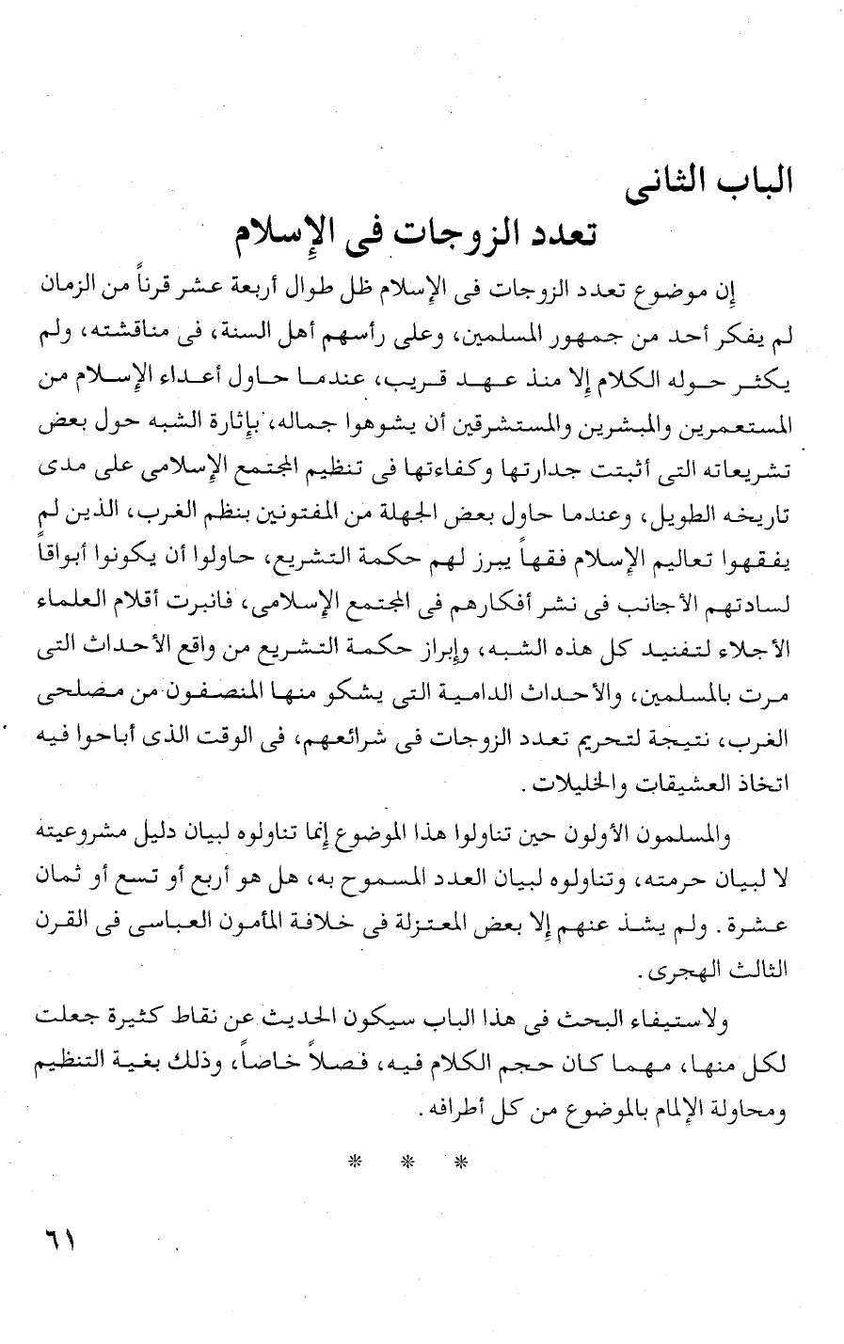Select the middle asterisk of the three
point(406,1161)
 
